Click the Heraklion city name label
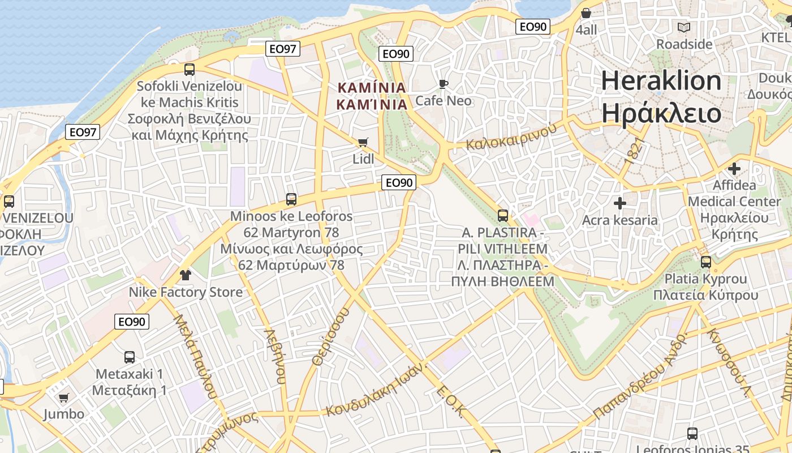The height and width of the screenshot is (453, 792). point(661,97)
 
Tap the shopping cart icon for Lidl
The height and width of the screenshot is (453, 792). point(363,142)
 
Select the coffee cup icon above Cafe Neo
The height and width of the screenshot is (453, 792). point(444,84)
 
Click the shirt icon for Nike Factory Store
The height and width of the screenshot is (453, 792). point(185,275)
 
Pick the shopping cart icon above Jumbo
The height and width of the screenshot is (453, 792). point(64,398)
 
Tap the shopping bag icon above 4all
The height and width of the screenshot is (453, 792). point(586,13)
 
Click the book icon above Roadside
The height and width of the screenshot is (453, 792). point(684,27)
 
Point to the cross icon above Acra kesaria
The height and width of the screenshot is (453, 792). point(620,203)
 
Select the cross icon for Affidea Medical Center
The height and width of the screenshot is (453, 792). point(734,169)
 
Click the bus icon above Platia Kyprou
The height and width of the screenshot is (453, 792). point(705,262)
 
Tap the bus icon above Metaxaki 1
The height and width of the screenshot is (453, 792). point(130,357)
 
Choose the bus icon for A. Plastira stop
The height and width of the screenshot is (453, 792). point(502,216)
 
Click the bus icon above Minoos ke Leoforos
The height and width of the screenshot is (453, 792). point(291,199)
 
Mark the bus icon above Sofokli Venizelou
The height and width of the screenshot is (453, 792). point(190,70)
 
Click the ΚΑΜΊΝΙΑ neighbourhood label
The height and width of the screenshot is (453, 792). point(372,96)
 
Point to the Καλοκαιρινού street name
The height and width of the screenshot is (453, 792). point(510,136)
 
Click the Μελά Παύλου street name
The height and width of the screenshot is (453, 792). point(195,356)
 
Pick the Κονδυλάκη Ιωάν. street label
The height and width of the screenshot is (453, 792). point(375,391)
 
